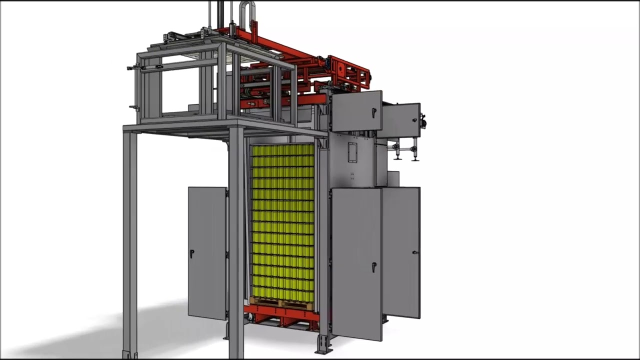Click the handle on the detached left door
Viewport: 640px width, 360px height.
point(191,254)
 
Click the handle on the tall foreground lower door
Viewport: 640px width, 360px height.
point(373,267)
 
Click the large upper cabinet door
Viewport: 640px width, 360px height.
point(356,111)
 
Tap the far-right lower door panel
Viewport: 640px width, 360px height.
point(401,252)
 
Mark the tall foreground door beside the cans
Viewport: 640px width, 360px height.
point(356,262)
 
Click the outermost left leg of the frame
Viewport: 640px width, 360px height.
point(129,240)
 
